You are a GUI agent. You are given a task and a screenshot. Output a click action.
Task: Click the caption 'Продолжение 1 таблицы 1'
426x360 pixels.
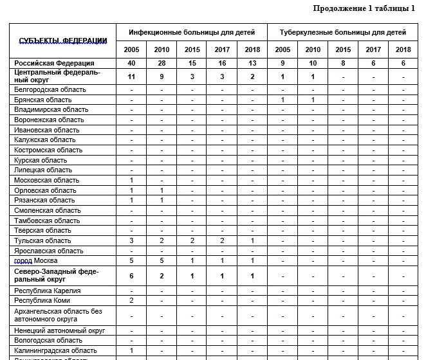(364, 8)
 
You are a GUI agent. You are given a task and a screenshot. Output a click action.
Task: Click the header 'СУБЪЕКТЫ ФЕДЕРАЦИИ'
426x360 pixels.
(63, 40)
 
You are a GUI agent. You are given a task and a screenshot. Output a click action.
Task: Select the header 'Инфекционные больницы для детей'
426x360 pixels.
(191, 32)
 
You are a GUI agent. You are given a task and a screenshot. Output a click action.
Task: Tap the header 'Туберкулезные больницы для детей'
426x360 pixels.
(342, 32)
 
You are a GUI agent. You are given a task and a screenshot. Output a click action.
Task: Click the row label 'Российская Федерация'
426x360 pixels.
(55, 63)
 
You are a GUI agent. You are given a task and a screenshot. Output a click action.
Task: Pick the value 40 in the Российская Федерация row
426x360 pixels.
(131, 63)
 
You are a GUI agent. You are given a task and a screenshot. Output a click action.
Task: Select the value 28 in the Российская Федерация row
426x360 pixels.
(162, 63)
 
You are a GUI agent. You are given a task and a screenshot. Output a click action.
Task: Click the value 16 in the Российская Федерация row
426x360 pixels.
(222, 63)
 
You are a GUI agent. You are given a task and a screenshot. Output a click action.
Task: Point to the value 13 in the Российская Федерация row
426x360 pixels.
(252, 63)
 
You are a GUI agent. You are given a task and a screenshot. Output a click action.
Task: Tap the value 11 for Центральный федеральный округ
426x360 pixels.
(131, 76)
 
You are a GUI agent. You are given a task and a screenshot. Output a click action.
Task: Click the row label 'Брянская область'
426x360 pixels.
(43, 100)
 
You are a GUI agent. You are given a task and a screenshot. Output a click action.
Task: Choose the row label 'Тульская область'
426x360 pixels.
(43, 240)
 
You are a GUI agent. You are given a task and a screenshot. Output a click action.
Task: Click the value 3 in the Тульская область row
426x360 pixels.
(131, 240)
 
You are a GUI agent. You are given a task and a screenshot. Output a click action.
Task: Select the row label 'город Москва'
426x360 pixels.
(36, 260)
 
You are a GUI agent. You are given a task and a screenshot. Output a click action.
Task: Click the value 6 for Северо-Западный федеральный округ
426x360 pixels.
(131, 275)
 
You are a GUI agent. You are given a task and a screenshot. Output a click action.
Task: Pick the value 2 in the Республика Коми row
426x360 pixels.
(131, 300)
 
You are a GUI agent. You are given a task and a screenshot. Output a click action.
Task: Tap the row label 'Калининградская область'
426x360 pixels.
(55, 350)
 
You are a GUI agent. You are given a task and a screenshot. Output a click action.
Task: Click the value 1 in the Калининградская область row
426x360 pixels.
(131, 350)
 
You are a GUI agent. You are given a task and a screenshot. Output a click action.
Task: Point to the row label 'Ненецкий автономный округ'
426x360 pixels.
(60, 330)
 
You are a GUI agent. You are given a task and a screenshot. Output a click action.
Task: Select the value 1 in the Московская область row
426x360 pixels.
(131, 180)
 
